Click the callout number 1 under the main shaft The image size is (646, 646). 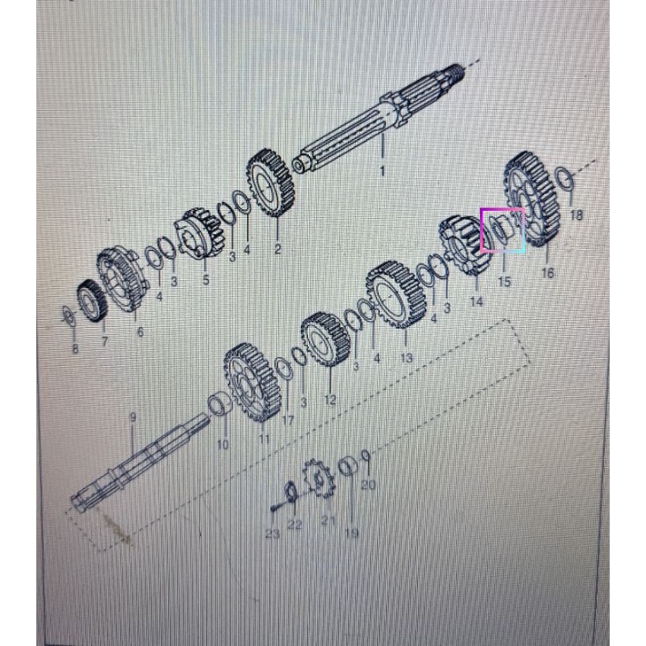(x=383, y=171)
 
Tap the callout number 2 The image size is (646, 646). (x=277, y=249)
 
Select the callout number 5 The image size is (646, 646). (x=206, y=280)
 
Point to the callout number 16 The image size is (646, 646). (x=548, y=273)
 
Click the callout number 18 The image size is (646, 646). (x=576, y=214)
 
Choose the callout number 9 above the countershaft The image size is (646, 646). (x=133, y=417)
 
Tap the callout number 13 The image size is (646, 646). (x=406, y=357)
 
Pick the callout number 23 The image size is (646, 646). (x=273, y=534)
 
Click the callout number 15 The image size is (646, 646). (x=504, y=282)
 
